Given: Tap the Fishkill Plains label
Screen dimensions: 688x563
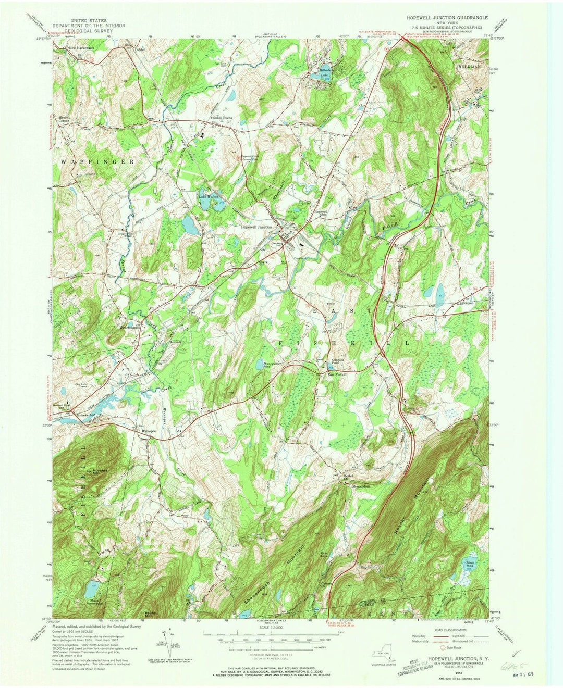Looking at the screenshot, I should (221, 118).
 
